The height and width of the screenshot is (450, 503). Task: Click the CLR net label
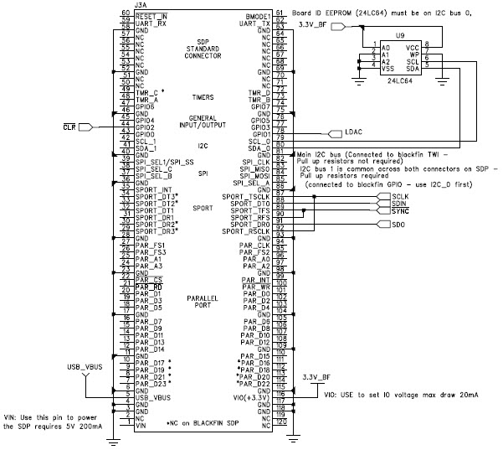click(69, 127)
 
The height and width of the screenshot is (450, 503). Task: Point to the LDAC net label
click(353, 132)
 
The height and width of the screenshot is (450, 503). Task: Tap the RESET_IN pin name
click(151, 15)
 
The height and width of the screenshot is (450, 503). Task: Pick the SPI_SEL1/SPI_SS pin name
click(159, 160)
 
